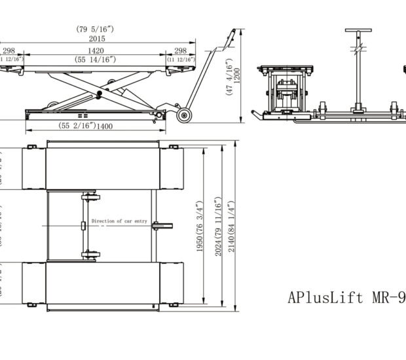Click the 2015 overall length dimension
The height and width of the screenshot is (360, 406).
[97, 39]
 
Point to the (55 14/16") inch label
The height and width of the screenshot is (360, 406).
[95, 60]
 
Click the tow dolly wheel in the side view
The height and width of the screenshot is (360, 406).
[184, 116]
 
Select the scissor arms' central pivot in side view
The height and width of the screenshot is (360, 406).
[100, 94]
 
